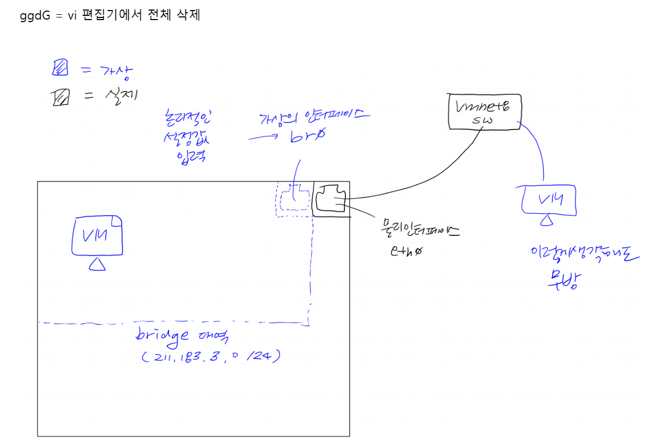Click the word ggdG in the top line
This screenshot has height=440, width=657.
point(35,15)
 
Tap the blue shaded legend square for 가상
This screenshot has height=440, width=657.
point(60,68)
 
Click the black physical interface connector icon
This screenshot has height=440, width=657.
point(331,199)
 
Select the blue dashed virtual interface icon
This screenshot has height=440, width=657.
point(294,198)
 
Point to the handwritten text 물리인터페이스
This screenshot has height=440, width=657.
point(416,231)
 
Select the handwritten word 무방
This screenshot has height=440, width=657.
point(564,278)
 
